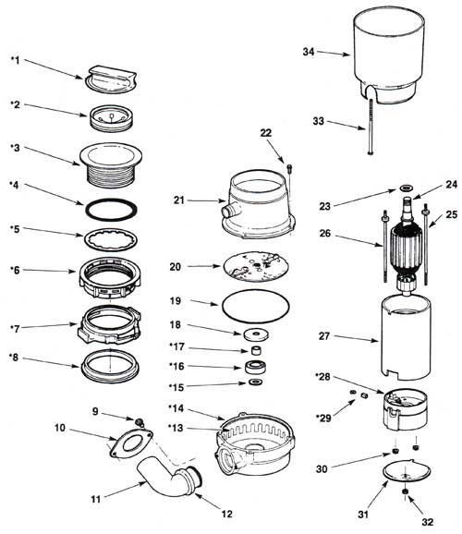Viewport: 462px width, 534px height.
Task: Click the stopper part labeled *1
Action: click(x=111, y=79)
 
